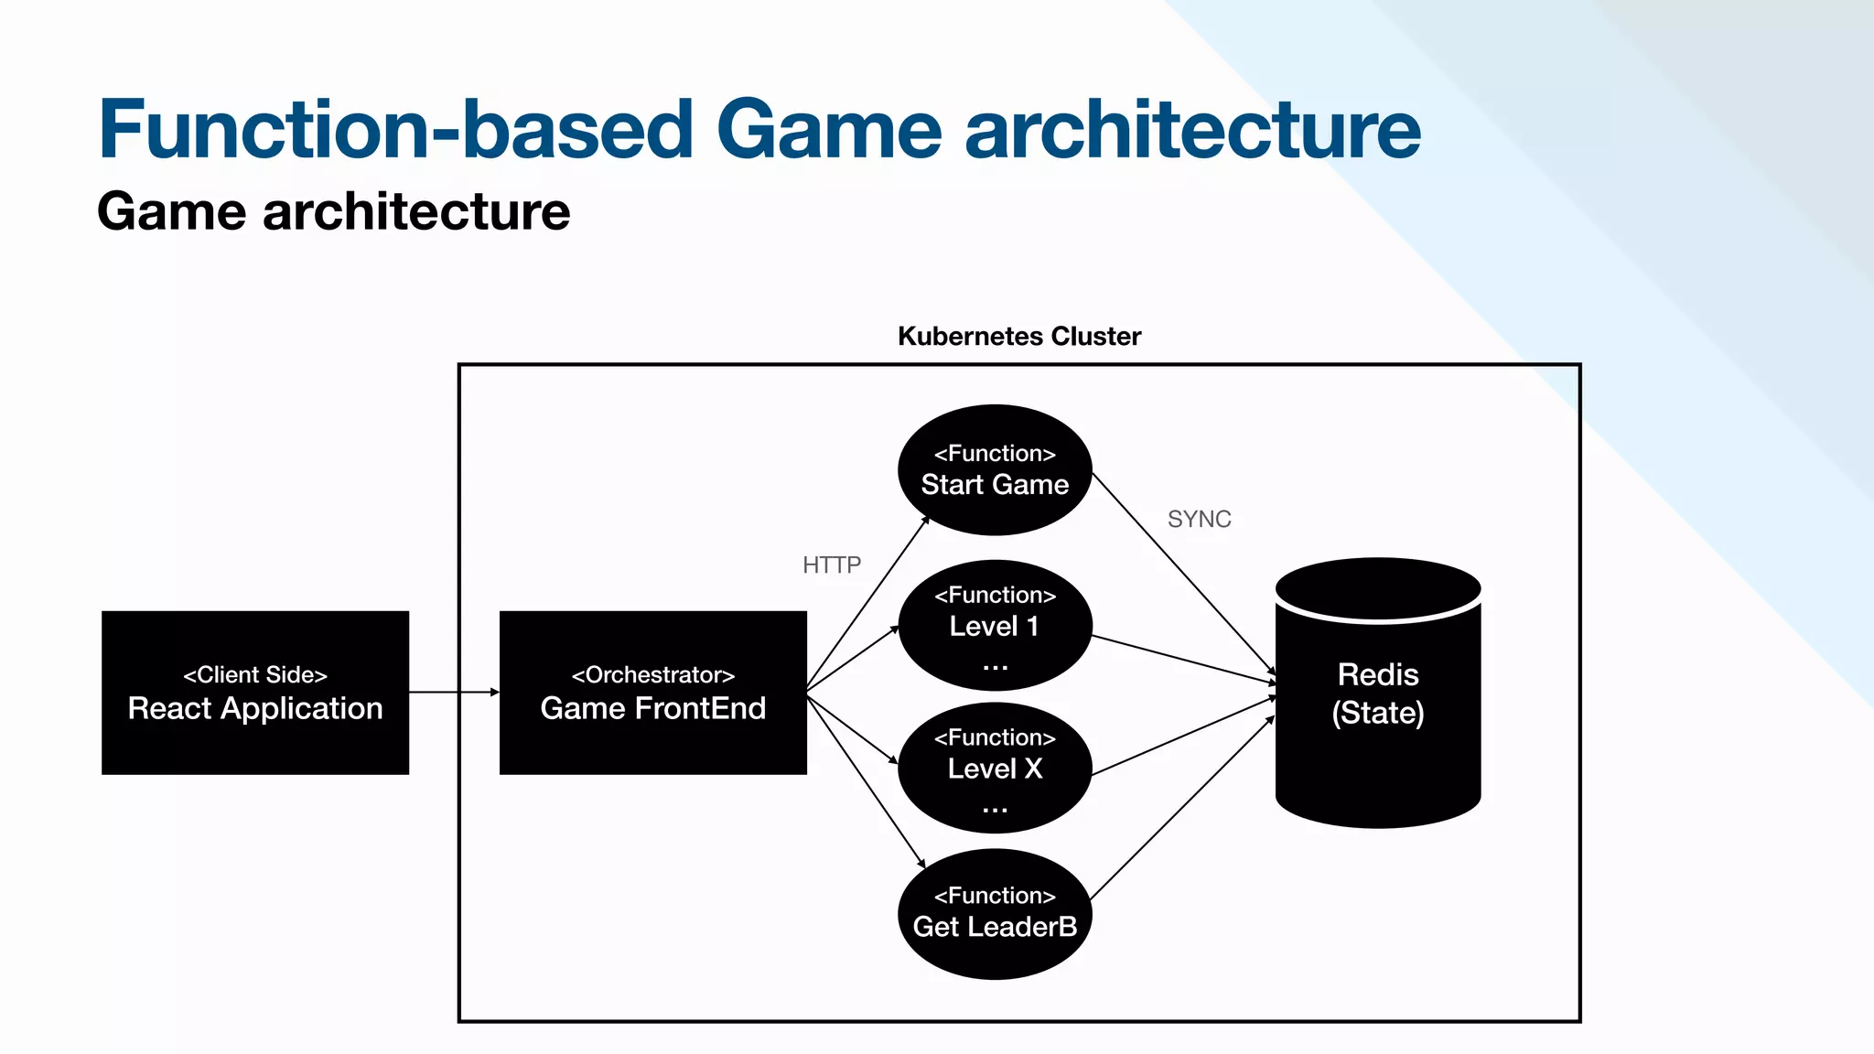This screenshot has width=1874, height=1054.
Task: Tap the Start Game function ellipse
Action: point(995,469)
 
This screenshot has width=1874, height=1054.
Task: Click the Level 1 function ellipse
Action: point(995,626)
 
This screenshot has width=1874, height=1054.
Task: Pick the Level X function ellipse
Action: point(995,769)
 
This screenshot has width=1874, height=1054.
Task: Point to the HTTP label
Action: point(831,565)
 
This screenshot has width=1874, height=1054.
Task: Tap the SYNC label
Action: point(1199,520)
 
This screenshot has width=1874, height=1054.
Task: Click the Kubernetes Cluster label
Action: point(1018,337)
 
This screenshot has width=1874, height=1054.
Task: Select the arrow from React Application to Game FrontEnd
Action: point(454,693)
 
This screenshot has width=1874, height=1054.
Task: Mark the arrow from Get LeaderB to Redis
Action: point(1181,808)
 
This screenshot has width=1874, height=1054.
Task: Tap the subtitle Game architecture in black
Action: point(333,212)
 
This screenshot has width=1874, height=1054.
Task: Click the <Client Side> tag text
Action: point(254,675)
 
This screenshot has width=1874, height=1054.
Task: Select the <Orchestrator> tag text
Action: point(652,675)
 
